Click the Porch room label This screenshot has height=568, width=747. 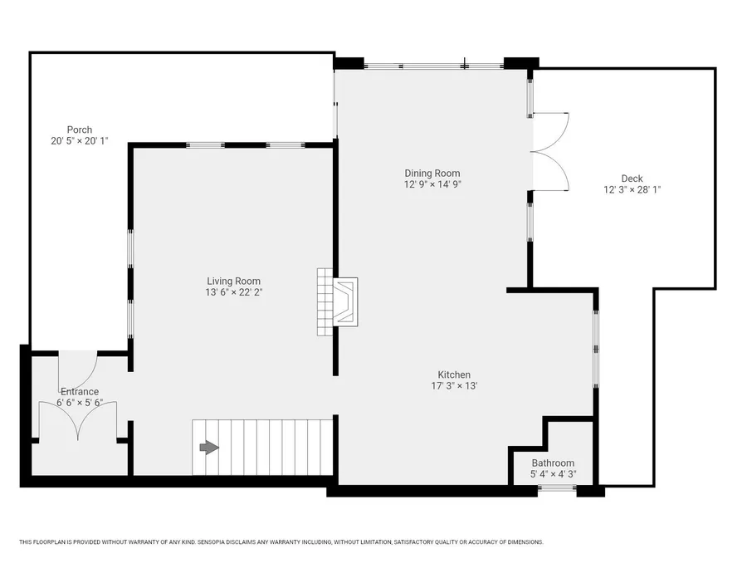point(80,130)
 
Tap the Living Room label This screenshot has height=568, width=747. point(233,282)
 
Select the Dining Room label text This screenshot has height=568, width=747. point(432,174)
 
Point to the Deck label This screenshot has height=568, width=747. point(632,179)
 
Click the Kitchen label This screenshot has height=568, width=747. point(454,375)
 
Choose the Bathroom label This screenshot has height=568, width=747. point(553,463)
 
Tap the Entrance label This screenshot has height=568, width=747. point(80,392)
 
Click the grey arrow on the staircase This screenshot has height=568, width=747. point(209,448)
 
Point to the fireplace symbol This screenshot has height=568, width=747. point(345,302)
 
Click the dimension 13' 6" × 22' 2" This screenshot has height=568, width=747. point(234,292)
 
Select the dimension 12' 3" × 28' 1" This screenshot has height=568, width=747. point(632,189)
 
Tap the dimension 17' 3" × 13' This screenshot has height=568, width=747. point(455,386)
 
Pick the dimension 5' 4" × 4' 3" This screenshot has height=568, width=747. point(553,474)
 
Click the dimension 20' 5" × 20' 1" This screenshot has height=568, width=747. point(80,140)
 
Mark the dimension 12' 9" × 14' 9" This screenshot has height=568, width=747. point(432,184)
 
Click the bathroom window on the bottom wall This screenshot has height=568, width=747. point(557,488)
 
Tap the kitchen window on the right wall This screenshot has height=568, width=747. point(595,350)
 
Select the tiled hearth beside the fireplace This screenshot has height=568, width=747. point(325,302)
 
